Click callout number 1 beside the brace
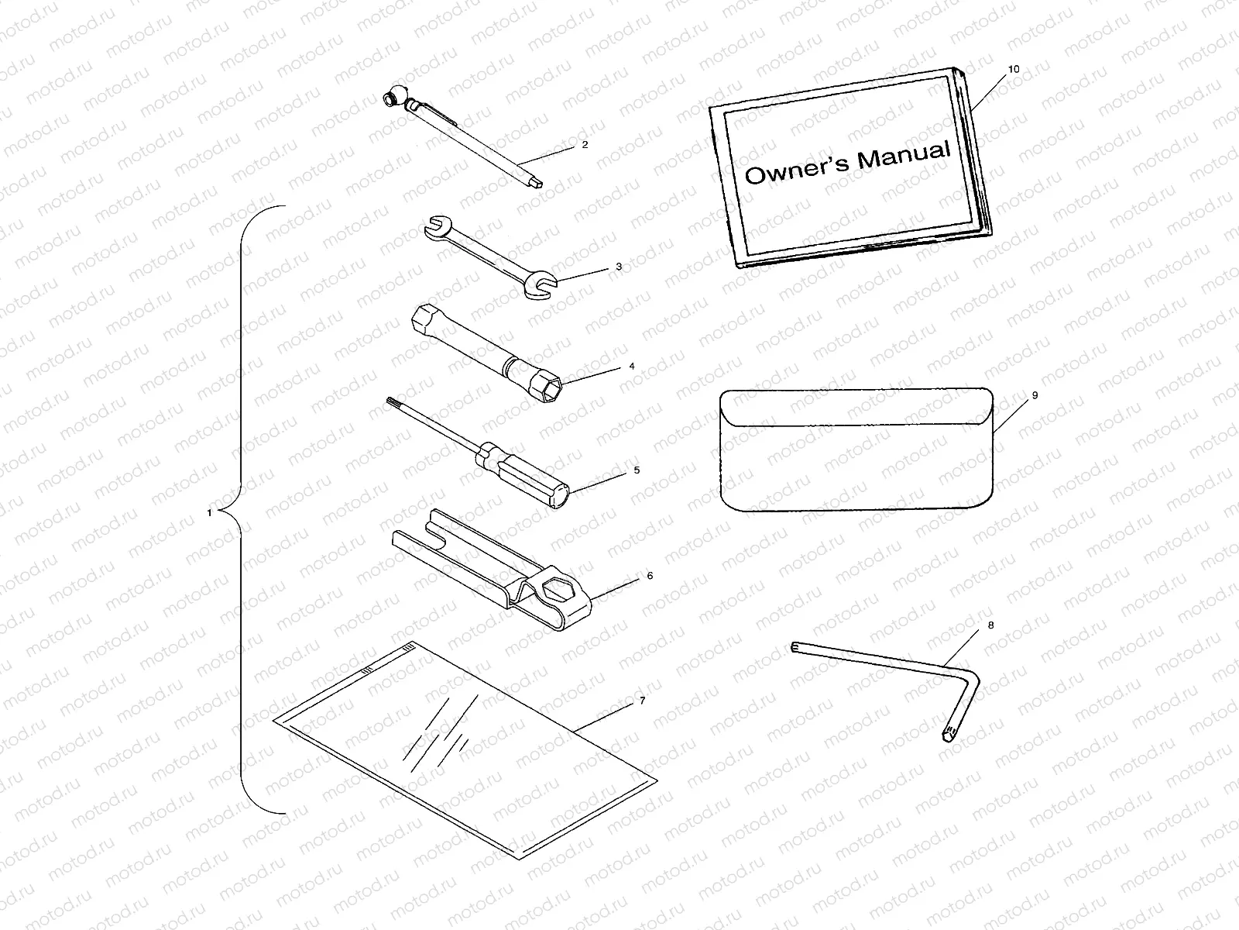209,513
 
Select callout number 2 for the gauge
585,144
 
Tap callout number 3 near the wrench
619,266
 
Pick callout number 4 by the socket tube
632,366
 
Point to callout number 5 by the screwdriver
637,470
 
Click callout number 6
650,576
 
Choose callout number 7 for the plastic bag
641,701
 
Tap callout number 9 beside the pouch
1035,395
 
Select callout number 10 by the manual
1014,69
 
